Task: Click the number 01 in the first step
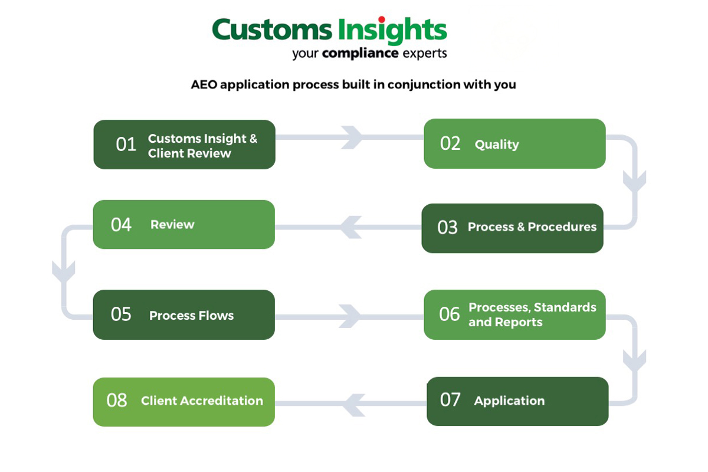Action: [x=126, y=145]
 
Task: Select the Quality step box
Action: [x=514, y=144]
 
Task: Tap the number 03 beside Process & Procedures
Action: [x=447, y=228]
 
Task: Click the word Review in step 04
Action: [x=172, y=224]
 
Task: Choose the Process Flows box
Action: [x=183, y=314]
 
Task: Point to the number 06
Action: [x=449, y=314]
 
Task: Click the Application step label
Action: [x=509, y=401]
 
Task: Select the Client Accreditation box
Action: [x=183, y=401]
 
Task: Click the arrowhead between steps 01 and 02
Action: [x=352, y=137]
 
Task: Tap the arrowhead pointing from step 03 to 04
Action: [x=351, y=227]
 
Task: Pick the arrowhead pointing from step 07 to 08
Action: [x=352, y=404]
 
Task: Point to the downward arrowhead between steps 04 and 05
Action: [x=63, y=271]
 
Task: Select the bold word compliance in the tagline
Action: [x=360, y=54]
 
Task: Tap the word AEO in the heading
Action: [x=204, y=84]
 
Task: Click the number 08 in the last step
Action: [x=117, y=401]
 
